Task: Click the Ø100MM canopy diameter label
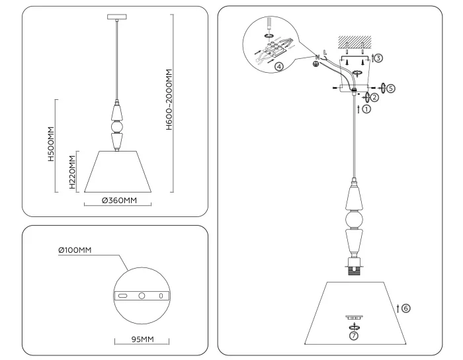pyautogui.click(x=75, y=249)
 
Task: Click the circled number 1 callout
pyautogui.click(x=366, y=110)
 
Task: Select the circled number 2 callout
pyautogui.click(x=374, y=97)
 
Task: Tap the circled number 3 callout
pyautogui.click(x=378, y=58)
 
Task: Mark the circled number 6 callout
pyautogui.click(x=406, y=308)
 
